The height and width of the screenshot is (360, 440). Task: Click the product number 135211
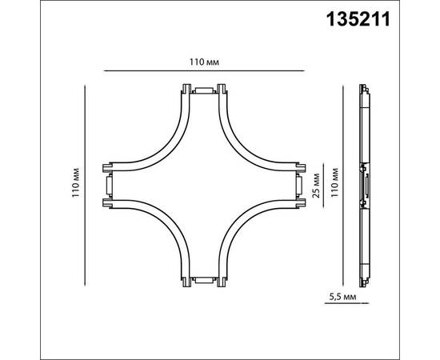click(x=358, y=20)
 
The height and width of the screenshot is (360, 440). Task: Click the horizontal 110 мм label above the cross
click(x=204, y=62)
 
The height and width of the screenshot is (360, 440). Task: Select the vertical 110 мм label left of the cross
click(x=76, y=182)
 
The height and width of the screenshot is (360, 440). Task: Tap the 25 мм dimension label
click(x=316, y=186)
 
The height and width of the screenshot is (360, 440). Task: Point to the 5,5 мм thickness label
click(x=343, y=297)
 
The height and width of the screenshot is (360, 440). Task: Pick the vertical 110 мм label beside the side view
click(x=334, y=182)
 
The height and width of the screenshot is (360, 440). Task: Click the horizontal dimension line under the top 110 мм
click(x=204, y=71)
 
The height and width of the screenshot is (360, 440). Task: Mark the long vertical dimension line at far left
click(x=85, y=186)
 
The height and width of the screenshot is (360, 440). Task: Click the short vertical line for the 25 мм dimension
click(x=323, y=186)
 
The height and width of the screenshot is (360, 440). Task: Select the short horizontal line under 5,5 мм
click(x=347, y=303)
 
